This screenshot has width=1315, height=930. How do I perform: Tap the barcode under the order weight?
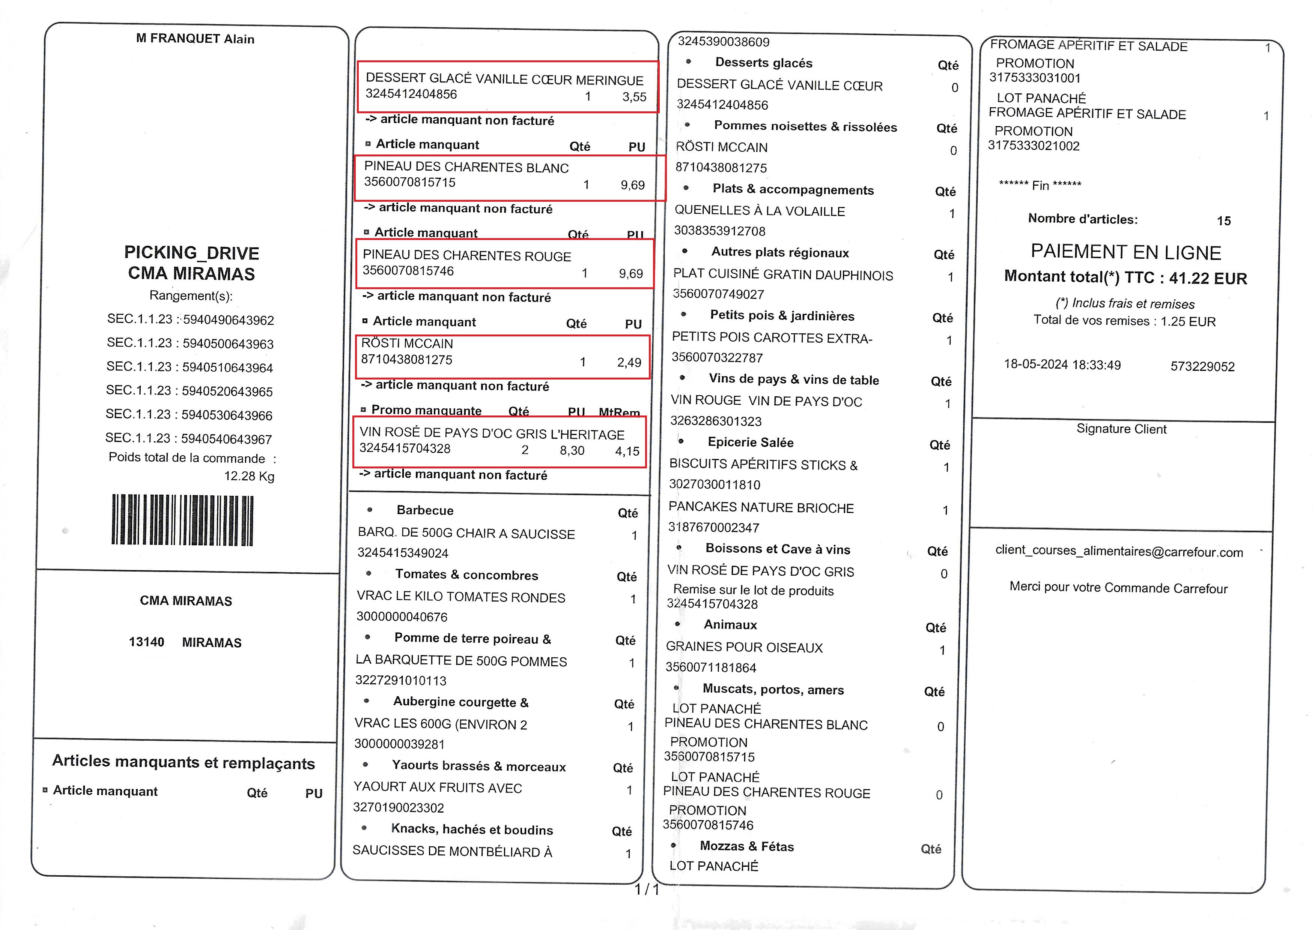(x=182, y=519)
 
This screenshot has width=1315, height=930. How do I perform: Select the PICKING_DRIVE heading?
(x=191, y=252)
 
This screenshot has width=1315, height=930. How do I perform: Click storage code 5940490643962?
(x=228, y=320)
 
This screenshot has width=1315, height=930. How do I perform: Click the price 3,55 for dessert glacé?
(x=634, y=97)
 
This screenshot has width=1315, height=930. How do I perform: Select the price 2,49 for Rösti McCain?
(x=629, y=363)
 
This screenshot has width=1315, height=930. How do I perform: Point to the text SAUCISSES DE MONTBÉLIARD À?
(x=452, y=852)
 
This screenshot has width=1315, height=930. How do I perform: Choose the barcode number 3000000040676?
(x=402, y=617)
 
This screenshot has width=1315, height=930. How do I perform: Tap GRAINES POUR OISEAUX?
(x=744, y=648)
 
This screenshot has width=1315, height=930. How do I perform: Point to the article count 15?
(x=1223, y=221)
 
